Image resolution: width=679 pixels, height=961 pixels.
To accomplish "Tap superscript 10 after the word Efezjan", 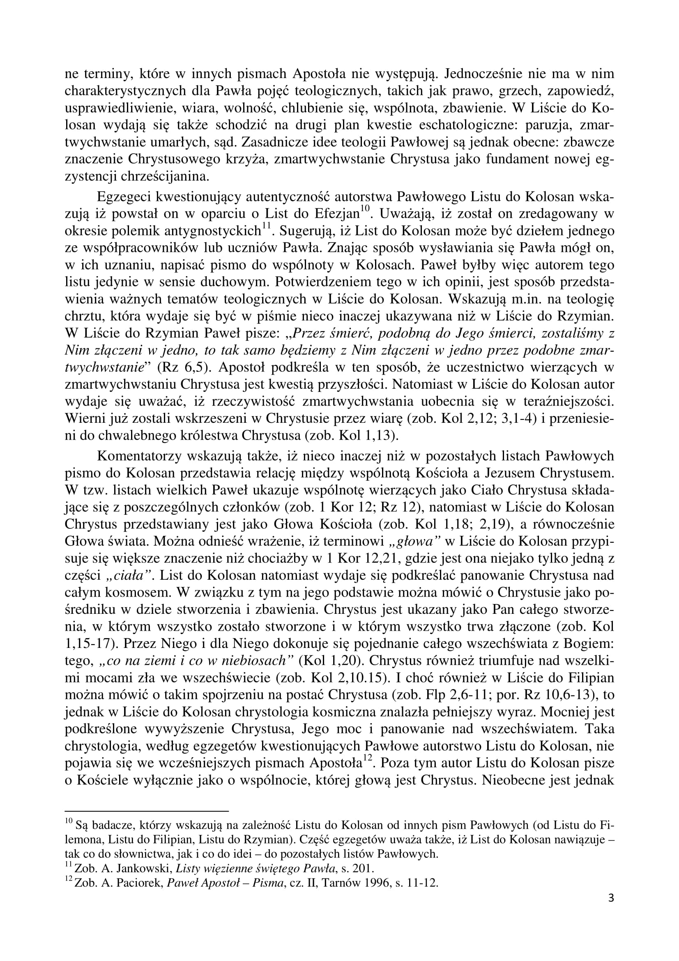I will (x=364, y=209).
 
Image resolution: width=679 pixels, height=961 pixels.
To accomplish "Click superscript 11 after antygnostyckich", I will (x=267, y=226).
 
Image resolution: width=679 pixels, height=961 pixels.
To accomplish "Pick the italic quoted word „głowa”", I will (x=414, y=541).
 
